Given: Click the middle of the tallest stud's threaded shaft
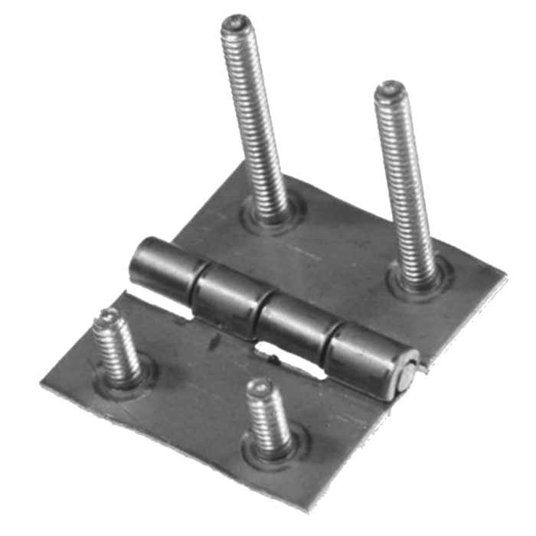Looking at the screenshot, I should click(x=253, y=115).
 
